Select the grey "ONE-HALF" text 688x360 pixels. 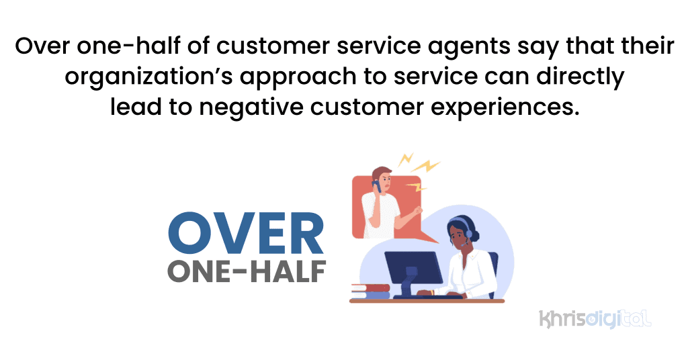pyautogui.click(x=246, y=269)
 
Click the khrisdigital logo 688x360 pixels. pyautogui.click(x=595, y=318)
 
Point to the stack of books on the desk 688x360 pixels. pyautogui.click(x=370, y=291)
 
